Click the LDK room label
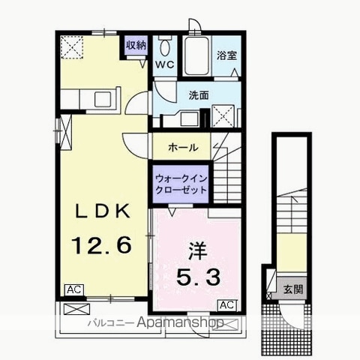103,211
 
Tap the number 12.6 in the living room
102,245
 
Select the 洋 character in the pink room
198,250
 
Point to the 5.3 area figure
199,277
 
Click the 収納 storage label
136,45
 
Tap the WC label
165,64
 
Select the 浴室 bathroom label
226,55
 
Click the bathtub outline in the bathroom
197,56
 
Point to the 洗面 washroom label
199,95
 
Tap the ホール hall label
183,148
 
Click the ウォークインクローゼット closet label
181,184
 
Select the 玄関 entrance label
293,289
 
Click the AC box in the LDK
74,290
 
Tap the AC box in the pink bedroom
227,305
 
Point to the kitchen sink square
103,99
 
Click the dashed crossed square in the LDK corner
72,47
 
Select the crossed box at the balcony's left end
76,309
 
